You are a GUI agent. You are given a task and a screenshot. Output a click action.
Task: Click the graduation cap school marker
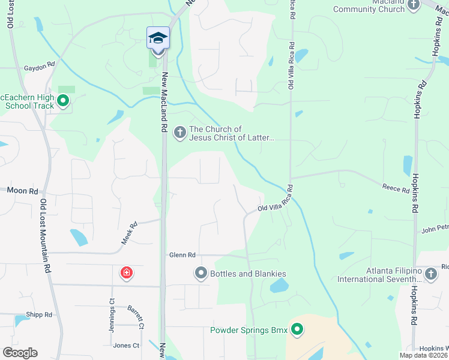(x=158, y=38)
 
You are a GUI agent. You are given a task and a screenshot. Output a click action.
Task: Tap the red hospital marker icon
(x=126, y=274)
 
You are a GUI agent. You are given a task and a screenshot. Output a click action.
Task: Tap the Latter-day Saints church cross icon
(x=179, y=133)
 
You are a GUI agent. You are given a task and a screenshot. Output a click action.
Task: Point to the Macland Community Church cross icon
(x=412, y=5)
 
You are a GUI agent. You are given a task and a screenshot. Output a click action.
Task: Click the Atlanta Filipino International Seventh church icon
(x=430, y=274)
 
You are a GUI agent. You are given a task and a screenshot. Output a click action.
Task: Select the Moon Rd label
(x=22, y=190)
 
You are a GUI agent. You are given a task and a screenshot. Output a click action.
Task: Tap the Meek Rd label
(x=130, y=233)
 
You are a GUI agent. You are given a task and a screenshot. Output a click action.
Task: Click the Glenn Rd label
(x=182, y=255)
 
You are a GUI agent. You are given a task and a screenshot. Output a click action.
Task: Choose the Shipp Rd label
(x=39, y=314)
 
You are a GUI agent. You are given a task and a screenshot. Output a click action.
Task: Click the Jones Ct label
(x=126, y=346)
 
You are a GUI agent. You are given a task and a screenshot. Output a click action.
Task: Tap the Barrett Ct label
(x=136, y=317)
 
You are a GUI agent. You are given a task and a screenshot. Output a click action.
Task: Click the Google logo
(x=20, y=353)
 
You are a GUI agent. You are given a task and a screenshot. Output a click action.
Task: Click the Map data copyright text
(x=424, y=355)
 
